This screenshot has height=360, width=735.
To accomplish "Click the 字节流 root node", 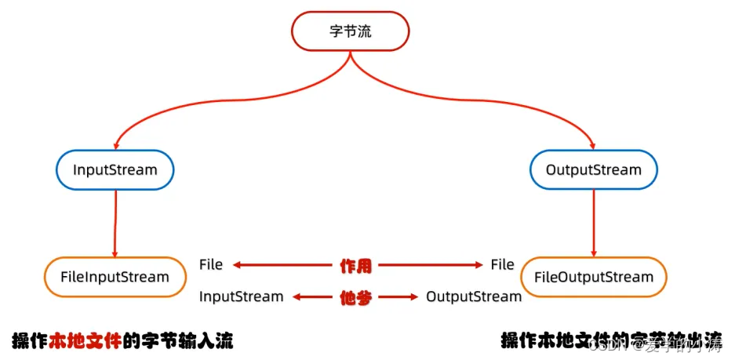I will click(x=351, y=32).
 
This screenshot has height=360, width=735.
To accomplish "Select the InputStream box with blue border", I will click(x=115, y=169).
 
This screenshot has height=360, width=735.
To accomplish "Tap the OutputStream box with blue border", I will click(x=593, y=169).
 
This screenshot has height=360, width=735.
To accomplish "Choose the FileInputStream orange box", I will click(x=115, y=277).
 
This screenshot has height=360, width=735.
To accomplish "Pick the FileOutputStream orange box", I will click(x=593, y=277).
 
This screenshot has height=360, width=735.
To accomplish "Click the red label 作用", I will click(x=355, y=265).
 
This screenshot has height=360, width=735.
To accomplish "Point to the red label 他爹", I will click(x=355, y=297).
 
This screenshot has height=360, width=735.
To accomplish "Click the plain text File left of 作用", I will click(x=211, y=265).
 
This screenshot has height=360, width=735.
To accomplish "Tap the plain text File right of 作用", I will click(x=502, y=265).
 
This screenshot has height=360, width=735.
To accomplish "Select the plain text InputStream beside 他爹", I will click(x=241, y=297).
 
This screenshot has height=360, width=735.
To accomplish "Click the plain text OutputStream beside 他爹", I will click(x=474, y=297).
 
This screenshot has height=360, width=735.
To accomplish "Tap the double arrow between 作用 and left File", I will click(x=282, y=265).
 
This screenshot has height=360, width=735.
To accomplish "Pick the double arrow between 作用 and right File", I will click(x=431, y=265).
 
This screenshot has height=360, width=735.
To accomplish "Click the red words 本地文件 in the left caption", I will click(x=86, y=341).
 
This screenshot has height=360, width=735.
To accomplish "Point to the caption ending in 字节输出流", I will click(x=612, y=341).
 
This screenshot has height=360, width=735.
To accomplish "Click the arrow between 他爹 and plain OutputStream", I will click(x=399, y=297).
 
